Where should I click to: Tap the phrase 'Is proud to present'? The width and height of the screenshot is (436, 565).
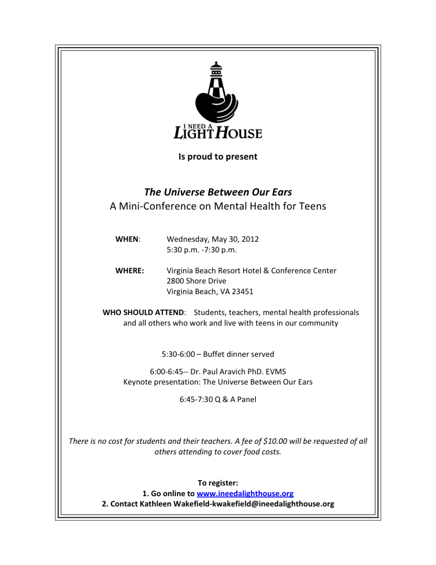[x=217, y=157]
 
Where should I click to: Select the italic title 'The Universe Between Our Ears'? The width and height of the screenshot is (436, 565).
[x=217, y=192]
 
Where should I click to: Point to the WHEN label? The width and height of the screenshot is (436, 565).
[x=127, y=239]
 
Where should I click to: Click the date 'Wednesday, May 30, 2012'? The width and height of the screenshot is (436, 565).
[x=212, y=239]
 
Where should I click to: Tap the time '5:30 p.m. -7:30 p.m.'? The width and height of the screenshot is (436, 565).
[x=201, y=250]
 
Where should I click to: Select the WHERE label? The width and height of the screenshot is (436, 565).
[x=130, y=271]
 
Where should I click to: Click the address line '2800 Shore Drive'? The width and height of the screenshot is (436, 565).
[x=196, y=281]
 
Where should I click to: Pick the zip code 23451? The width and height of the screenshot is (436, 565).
[x=241, y=292]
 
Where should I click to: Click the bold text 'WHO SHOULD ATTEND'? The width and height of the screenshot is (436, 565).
[x=144, y=313]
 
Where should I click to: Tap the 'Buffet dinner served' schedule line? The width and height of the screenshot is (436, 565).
[x=239, y=354]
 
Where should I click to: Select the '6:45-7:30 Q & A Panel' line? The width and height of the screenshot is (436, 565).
[x=217, y=400]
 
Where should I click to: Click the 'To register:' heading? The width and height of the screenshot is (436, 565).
[x=217, y=483]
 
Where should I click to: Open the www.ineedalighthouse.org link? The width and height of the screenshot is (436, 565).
[x=245, y=494]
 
